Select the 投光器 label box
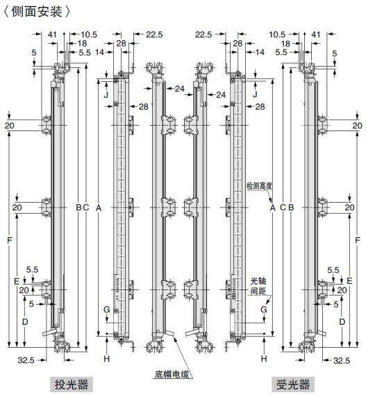coord(72,385)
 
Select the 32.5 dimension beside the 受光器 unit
coord(341,360)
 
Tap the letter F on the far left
coord(9,240)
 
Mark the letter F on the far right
coord(357,240)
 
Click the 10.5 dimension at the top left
coord(89,33)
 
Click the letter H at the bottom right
coord(264,358)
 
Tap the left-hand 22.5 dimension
coord(154,33)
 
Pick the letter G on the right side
coord(264,309)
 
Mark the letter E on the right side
coord(349,280)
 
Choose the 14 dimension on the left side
coord(100,52)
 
